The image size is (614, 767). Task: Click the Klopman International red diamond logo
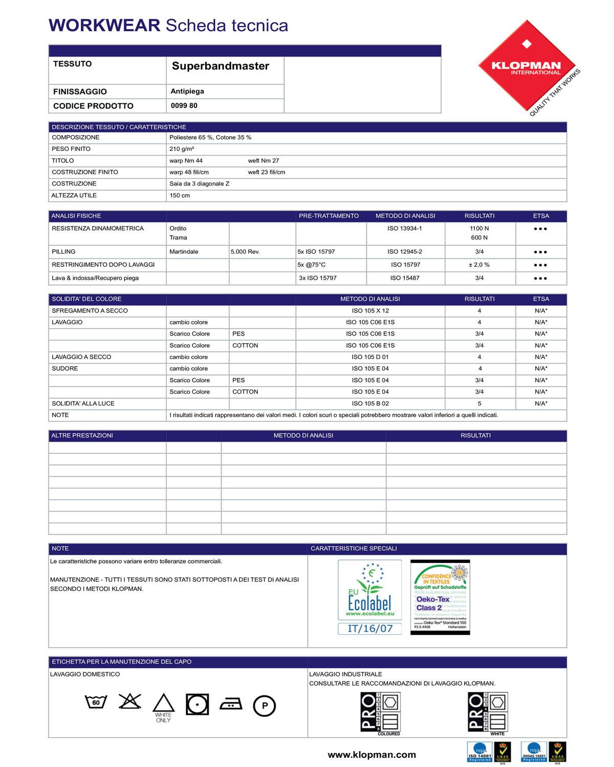(526, 65)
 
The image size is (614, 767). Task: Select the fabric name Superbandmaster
(220, 66)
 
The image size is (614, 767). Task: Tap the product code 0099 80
(184, 106)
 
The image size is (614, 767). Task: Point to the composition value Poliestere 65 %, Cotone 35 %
(210, 138)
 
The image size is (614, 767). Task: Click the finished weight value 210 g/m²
(182, 149)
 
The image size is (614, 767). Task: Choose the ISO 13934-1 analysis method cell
(405, 229)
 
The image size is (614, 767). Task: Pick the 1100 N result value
(479, 229)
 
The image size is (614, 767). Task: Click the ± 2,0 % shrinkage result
(479, 265)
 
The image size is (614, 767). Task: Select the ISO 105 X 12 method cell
(370, 311)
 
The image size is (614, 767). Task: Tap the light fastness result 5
(479, 403)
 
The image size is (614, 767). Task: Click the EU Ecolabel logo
(369, 590)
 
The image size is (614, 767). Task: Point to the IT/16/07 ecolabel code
(370, 628)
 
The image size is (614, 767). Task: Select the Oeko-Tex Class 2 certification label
(440, 597)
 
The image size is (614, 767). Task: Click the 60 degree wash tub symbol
(96, 702)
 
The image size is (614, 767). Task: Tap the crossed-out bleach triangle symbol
(129, 702)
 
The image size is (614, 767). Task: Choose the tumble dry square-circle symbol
(197, 704)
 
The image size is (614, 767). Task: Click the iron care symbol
(231, 704)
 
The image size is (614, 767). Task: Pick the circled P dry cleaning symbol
(265, 706)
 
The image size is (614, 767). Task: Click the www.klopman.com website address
(371, 755)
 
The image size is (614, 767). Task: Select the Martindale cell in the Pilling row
(184, 252)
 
